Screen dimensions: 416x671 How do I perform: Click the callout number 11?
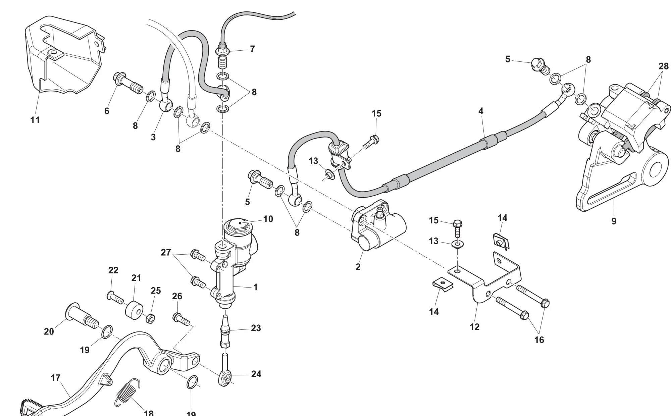coord(35,120)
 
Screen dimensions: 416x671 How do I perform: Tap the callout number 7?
coord(252,49)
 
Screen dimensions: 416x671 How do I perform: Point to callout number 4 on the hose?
coord(481,111)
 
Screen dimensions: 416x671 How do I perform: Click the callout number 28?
coord(663,66)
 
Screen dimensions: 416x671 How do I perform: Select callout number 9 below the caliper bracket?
coord(614,221)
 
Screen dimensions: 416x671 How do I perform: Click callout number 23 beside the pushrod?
coord(256,328)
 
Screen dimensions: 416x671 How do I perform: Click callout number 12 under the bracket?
coord(474,327)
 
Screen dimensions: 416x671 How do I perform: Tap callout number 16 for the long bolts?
coord(539,340)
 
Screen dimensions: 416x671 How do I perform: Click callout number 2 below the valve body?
coord(358,267)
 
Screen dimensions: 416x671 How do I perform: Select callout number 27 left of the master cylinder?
coord(166,252)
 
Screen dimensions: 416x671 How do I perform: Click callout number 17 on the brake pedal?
coord(55,378)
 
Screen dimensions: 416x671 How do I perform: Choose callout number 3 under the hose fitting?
coord(153,137)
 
